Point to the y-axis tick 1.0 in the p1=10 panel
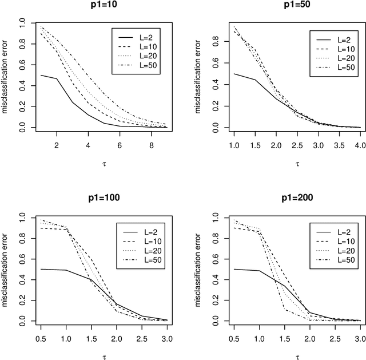click(x=11, y=23)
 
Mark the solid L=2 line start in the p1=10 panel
click(x=25, y=75)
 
